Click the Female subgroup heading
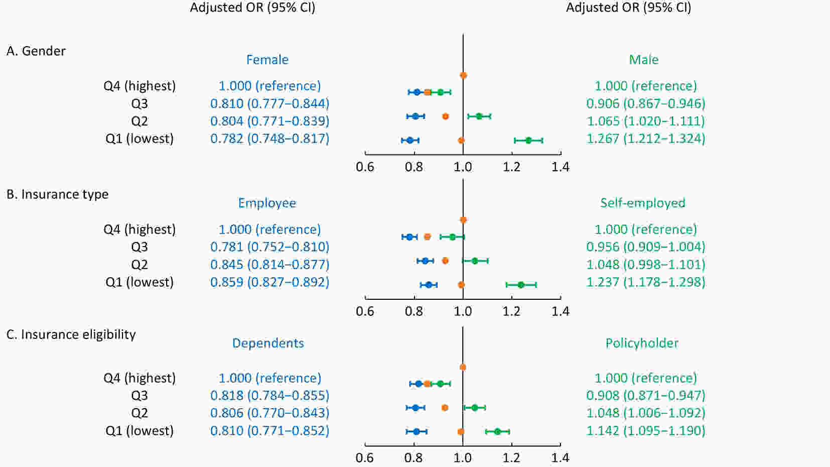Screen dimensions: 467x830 coord(267,60)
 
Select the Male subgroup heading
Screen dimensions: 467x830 coord(643,60)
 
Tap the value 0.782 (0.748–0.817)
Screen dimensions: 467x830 coord(269,139)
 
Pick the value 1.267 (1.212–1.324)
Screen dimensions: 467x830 coord(646,139)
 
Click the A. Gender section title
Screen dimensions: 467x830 coord(36,51)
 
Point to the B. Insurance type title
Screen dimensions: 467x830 coord(57,194)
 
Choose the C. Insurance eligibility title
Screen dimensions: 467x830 coord(71,334)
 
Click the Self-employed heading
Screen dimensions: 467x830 coord(642,203)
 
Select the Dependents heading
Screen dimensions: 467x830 coord(268,343)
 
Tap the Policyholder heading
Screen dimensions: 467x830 coord(642,343)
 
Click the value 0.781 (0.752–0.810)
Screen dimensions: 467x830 coord(269,247)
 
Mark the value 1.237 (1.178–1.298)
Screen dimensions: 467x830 coord(646,282)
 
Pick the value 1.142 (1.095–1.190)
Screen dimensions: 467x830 coord(646,431)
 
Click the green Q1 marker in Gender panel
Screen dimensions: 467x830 coord(528,141)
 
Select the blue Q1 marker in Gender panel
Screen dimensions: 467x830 coord(410,141)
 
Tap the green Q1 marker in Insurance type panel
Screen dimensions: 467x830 coord(521,285)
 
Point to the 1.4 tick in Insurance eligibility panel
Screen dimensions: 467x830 coord(561,457)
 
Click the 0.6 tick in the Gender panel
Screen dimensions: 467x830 coord(365,167)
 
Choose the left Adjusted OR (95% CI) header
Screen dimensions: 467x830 coord(252,8)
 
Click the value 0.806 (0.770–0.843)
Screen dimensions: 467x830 coord(269,413)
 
